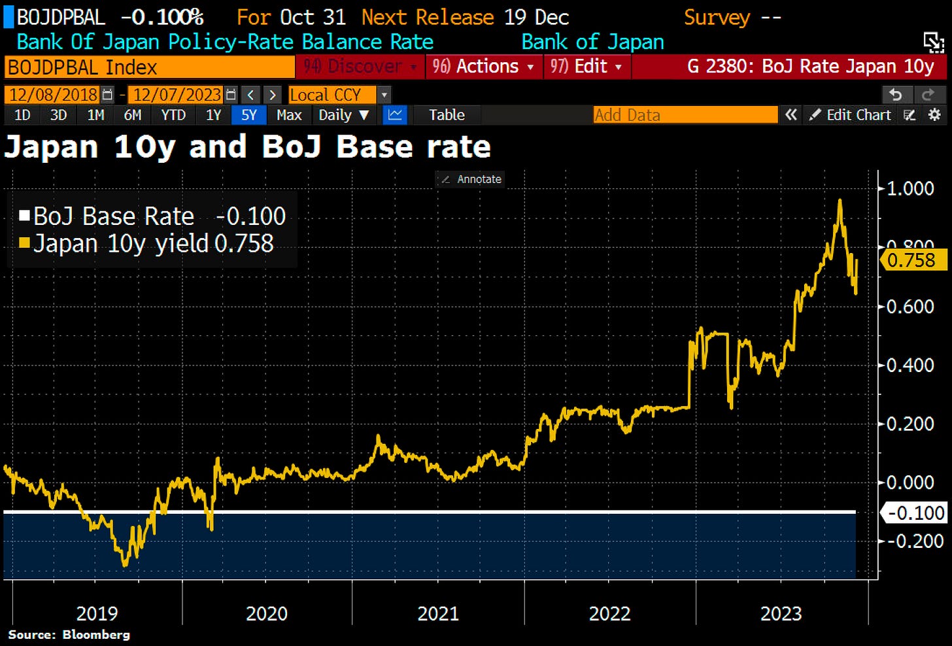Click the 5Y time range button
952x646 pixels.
point(248,115)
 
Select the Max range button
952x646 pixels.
point(289,115)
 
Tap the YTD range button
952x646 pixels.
point(173,115)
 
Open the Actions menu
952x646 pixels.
point(484,67)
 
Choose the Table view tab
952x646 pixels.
point(447,115)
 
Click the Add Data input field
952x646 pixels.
point(685,115)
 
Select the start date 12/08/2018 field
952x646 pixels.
point(53,95)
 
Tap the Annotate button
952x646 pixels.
point(472,179)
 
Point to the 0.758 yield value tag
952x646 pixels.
point(912,260)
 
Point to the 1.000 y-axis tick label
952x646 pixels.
point(909,188)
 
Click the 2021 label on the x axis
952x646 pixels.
point(438,613)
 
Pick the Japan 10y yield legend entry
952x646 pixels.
point(121,244)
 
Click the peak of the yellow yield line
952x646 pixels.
point(840,201)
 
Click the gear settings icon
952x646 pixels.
point(935,115)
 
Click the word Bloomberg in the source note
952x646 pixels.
point(96,635)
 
